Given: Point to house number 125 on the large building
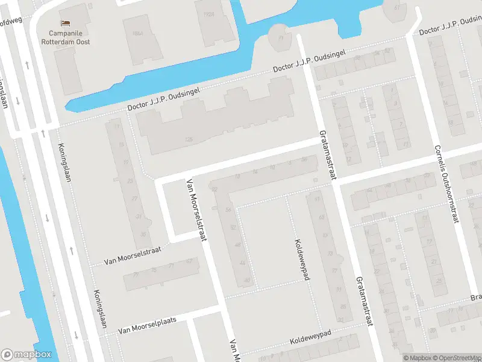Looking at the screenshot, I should click(x=189, y=140).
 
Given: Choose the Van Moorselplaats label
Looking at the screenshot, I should click(x=148, y=325).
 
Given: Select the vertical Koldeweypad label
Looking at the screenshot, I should click(x=301, y=259).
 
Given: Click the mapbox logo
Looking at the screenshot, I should click(x=26, y=355).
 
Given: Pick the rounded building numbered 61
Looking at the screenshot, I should click(x=396, y=7).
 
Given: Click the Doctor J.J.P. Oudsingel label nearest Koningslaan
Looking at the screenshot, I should click(x=163, y=99).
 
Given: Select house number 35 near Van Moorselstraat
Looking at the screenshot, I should click(x=143, y=234).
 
